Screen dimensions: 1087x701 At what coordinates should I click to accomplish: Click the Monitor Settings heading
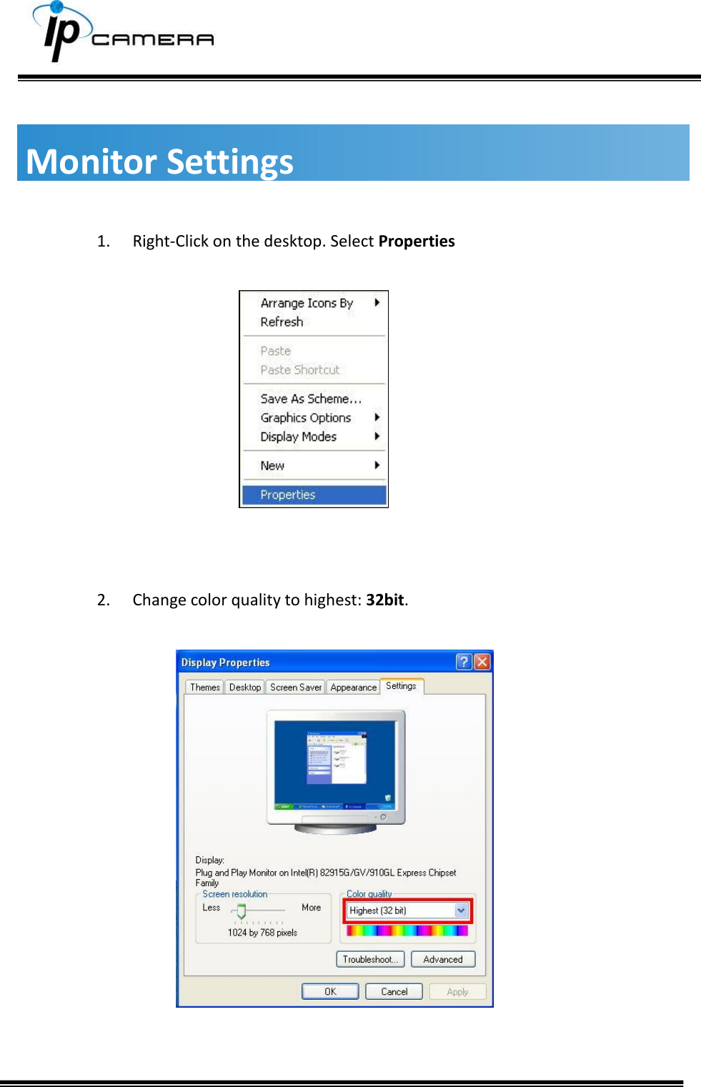[159, 161]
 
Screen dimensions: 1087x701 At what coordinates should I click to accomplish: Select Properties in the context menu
[288, 495]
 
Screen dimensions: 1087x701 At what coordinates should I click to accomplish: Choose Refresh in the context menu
[282, 322]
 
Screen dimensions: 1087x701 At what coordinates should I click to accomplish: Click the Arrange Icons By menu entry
[307, 303]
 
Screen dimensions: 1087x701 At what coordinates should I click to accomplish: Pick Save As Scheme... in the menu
[311, 399]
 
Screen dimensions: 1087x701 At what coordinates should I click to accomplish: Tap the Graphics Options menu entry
[306, 417]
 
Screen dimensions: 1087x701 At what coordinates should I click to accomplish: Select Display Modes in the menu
[298, 437]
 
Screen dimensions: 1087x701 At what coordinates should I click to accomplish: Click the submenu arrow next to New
[377, 465]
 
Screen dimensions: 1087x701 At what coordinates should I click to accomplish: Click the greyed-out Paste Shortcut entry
[300, 369]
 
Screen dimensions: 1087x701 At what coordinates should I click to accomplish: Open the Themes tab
[205, 687]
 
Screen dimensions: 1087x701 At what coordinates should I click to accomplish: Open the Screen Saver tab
[296, 687]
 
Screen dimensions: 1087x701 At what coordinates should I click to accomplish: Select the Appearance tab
[353, 687]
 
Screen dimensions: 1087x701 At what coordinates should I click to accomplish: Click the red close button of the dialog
[482, 662]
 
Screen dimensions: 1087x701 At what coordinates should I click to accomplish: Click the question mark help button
[464, 662]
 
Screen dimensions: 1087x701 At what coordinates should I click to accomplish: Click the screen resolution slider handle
[242, 910]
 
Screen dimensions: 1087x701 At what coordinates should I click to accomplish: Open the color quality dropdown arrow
[461, 910]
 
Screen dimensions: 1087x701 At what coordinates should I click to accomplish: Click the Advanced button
[443, 959]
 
